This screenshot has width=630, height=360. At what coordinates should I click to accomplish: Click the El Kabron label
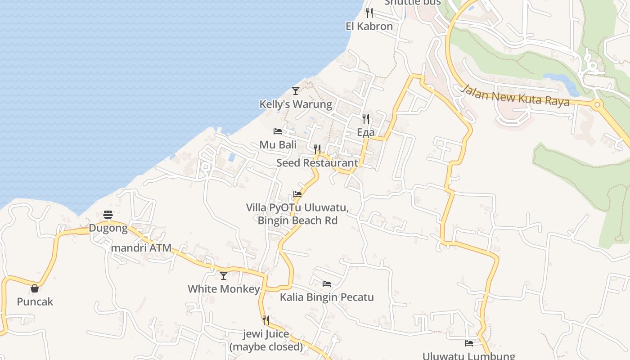(369, 26)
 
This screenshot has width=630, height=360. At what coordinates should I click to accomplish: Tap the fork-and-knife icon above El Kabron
(369, 13)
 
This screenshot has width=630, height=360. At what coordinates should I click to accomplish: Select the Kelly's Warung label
(296, 104)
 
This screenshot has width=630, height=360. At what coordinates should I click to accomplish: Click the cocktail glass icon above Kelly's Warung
(296, 91)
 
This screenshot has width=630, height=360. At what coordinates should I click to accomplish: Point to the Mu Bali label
(278, 145)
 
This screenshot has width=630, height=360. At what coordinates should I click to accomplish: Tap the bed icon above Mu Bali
(278, 131)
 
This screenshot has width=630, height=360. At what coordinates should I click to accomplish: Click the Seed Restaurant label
(317, 163)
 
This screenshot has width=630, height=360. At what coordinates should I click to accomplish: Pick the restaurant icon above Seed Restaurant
(317, 149)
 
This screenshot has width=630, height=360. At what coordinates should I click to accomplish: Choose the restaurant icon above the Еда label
(366, 119)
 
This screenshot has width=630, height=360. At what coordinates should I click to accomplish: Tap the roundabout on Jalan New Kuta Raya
(598, 105)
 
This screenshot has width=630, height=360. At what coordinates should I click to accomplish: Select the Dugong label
(108, 228)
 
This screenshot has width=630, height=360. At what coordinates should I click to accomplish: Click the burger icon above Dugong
(108, 215)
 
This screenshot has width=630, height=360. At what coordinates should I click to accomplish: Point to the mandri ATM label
(141, 248)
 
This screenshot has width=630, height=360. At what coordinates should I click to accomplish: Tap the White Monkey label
(224, 289)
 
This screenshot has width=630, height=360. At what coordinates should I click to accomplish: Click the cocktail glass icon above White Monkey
(224, 275)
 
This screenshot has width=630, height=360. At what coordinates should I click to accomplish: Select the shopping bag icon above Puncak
(35, 288)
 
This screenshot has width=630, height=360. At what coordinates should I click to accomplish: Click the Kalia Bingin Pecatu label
(327, 297)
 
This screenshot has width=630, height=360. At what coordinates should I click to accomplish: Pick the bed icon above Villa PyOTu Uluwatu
(297, 194)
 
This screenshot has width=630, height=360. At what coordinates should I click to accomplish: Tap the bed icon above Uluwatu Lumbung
(469, 343)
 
